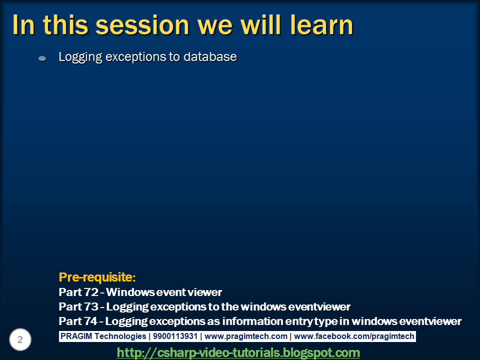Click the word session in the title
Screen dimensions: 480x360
tap(142, 25)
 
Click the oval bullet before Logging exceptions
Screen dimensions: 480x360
tap(42, 58)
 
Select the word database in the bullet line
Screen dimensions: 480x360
tap(210, 57)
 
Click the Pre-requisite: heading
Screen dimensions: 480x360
tap(97, 277)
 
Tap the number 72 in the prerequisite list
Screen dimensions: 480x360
tap(90, 292)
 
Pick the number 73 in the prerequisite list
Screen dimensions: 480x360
tap(90, 306)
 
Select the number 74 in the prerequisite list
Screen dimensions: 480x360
tap(90, 321)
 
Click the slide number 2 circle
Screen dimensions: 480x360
tap(20, 339)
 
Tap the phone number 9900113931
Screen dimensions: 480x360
tap(175, 336)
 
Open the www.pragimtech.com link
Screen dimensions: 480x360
tap(246, 336)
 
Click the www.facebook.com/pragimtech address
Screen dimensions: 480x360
tap(354, 336)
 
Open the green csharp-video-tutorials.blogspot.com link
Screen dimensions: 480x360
tap(238, 352)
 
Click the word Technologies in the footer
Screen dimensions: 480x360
tap(120, 336)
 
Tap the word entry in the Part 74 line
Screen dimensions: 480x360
tap(299, 321)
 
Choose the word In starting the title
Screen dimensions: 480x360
tap(24, 25)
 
